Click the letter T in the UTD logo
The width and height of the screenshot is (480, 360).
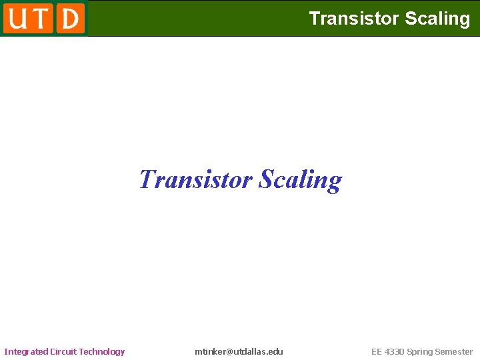[41, 18]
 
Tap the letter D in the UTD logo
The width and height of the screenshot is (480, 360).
[70, 18]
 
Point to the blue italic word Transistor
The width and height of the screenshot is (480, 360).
[195, 179]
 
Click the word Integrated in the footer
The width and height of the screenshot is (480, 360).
[26, 351]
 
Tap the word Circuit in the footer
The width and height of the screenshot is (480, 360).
[65, 351]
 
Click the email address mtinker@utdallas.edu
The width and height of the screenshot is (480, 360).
[239, 351]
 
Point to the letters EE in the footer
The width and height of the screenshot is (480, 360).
[377, 351]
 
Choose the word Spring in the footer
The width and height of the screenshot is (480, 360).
[420, 351]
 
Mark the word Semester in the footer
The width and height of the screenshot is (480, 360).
[454, 351]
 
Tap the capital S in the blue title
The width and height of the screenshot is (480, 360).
[266, 179]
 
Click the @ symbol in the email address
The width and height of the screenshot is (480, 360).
[231, 351]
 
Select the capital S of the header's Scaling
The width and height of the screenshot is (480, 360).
[411, 19]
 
